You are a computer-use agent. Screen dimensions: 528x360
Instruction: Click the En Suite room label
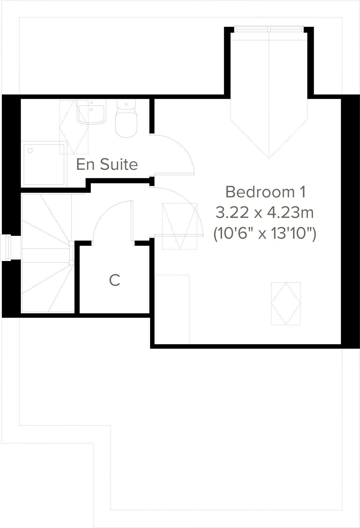[107, 164]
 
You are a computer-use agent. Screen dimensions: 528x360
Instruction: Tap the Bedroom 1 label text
[266, 192]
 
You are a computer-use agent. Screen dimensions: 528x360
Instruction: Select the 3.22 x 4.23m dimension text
[264, 213]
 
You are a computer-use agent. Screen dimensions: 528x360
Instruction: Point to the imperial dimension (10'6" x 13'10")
[264, 234]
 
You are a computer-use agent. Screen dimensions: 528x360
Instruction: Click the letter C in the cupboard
[115, 280]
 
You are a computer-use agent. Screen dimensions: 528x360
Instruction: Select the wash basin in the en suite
[91, 113]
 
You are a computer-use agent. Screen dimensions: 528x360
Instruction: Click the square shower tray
[44, 165]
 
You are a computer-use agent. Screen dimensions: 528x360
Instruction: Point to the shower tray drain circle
[30, 151]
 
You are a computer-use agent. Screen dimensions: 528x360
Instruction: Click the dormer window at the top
[269, 29]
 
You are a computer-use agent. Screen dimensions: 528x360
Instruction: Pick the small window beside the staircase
[6, 247]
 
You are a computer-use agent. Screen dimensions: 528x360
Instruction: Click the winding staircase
[47, 253]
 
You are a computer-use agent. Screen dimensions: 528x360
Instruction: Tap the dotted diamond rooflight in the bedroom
[285, 303]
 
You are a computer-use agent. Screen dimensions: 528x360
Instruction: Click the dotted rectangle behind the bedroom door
[180, 226]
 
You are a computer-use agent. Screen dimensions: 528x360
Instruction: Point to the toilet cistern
[126, 104]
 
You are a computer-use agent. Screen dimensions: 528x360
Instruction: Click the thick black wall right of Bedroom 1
[350, 221]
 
